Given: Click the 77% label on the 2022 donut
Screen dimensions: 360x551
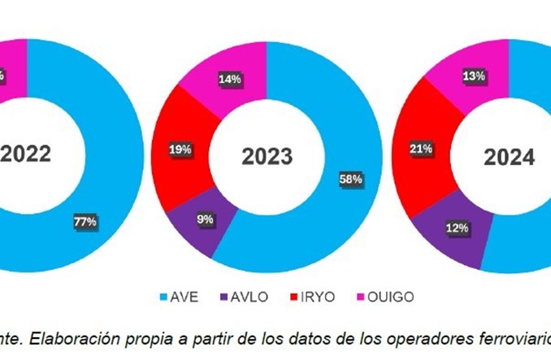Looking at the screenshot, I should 85,221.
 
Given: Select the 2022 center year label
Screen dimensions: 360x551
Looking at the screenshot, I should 26,154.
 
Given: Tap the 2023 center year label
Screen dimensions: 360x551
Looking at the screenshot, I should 267,156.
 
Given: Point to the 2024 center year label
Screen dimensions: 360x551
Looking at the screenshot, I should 510,158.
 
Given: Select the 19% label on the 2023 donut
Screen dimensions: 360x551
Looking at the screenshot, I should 181,149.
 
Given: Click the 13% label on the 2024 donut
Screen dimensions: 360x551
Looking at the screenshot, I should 475,76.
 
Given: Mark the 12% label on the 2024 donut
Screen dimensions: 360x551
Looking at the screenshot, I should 458,228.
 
